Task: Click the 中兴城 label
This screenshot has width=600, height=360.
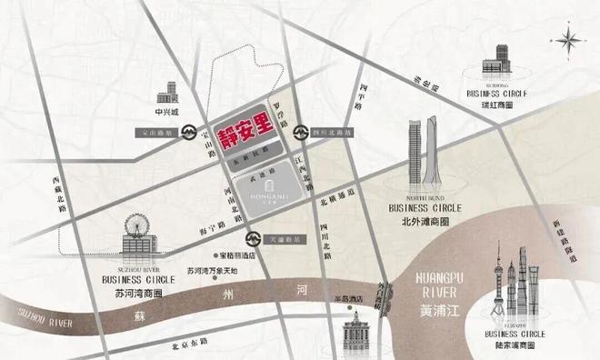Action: (x=168, y=115)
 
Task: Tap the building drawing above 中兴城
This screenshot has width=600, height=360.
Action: (x=167, y=92)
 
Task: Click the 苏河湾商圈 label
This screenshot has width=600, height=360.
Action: (x=133, y=294)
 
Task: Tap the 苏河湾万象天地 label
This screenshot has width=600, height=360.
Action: (x=212, y=271)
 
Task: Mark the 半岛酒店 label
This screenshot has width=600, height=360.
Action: (x=350, y=296)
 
